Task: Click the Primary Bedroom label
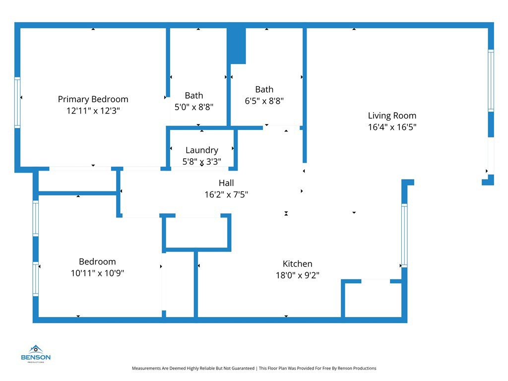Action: click(x=93, y=99)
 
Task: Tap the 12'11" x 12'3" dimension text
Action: click(x=93, y=111)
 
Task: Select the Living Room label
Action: click(x=392, y=116)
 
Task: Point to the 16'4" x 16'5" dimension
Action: click(x=392, y=127)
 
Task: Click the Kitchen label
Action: click(x=297, y=264)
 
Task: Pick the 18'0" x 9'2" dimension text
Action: click(x=297, y=275)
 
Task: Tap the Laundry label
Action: click(x=201, y=150)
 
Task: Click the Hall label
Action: click(x=226, y=183)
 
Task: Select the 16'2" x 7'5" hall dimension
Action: click(x=226, y=194)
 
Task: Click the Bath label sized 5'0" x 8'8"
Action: click(x=193, y=95)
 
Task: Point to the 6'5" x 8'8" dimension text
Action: click(x=264, y=101)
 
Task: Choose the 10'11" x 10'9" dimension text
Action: click(x=97, y=273)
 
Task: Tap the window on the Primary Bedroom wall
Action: click(x=17, y=102)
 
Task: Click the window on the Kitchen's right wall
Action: click(x=404, y=236)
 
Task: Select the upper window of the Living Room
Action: click(x=491, y=80)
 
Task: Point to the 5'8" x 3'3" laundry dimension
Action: click(x=201, y=161)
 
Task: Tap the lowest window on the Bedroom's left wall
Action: click(x=36, y=279)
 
